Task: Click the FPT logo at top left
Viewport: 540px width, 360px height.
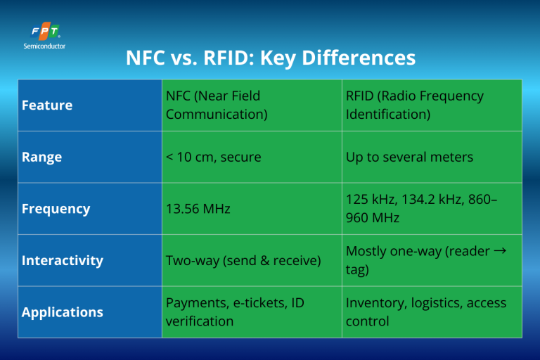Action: (x=45, y=32)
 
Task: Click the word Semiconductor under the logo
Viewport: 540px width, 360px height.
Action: (x=45, y=46)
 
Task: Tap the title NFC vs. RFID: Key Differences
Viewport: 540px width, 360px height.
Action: (x=270, y=58)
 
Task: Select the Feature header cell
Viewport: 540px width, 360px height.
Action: (x=47, y=105)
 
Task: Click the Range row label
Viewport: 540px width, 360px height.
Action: (x=41, y=157)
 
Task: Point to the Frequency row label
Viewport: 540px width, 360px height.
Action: (x=56, y=209)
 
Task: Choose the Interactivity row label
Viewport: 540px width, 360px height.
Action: (x=62, y=260)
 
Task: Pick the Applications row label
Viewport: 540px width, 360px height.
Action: (x=62, y=312)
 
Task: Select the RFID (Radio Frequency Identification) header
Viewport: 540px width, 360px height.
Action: (x=415, y=105)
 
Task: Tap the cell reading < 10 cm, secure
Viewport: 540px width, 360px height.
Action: (x=213, y=157)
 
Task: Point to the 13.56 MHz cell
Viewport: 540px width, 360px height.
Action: (x=198, y=209)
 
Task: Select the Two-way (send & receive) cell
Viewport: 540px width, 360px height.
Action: (x=243, y=260)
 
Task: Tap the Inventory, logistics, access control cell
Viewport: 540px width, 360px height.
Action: (x=425, y=312)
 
